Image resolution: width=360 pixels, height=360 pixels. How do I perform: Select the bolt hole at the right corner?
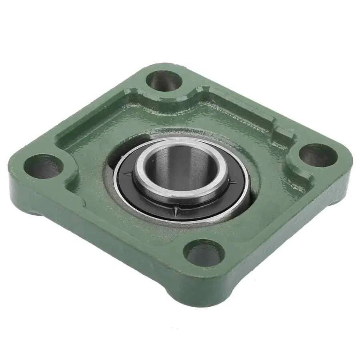point(318,155)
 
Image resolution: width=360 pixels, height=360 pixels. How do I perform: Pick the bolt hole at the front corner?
point(204,252)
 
